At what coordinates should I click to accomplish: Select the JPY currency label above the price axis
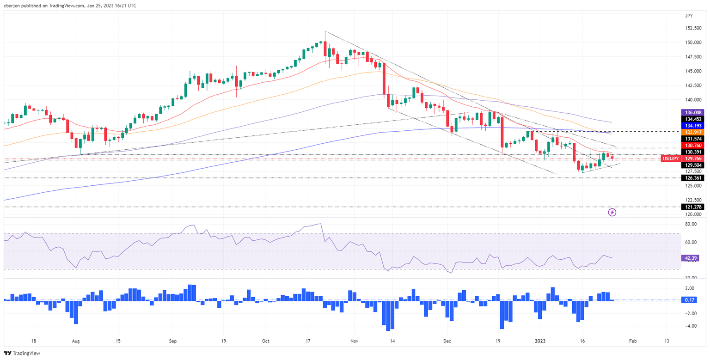690,16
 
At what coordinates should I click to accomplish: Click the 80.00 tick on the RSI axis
691,224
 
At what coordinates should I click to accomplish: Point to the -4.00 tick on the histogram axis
691,326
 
